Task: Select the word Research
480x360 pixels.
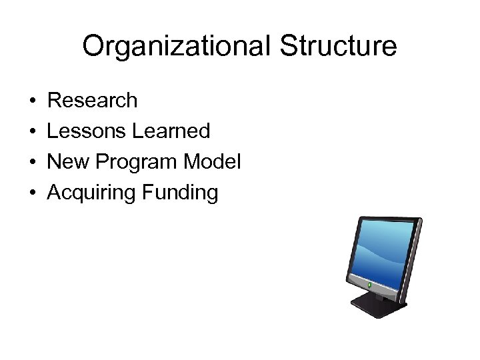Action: click(x=93, y=101)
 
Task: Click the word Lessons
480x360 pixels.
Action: click(x=87, y=131)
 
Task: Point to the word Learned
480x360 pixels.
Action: click(x=171, y=131)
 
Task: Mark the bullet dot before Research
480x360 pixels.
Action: click(x=32, y=101)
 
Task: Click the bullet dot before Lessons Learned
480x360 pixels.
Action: click(x=32, y=132)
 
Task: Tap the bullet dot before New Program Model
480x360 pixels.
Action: click(x=32, y=163)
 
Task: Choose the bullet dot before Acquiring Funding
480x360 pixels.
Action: click(x=32, y=193)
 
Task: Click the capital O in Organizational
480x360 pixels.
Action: click(x=93, y=47)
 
